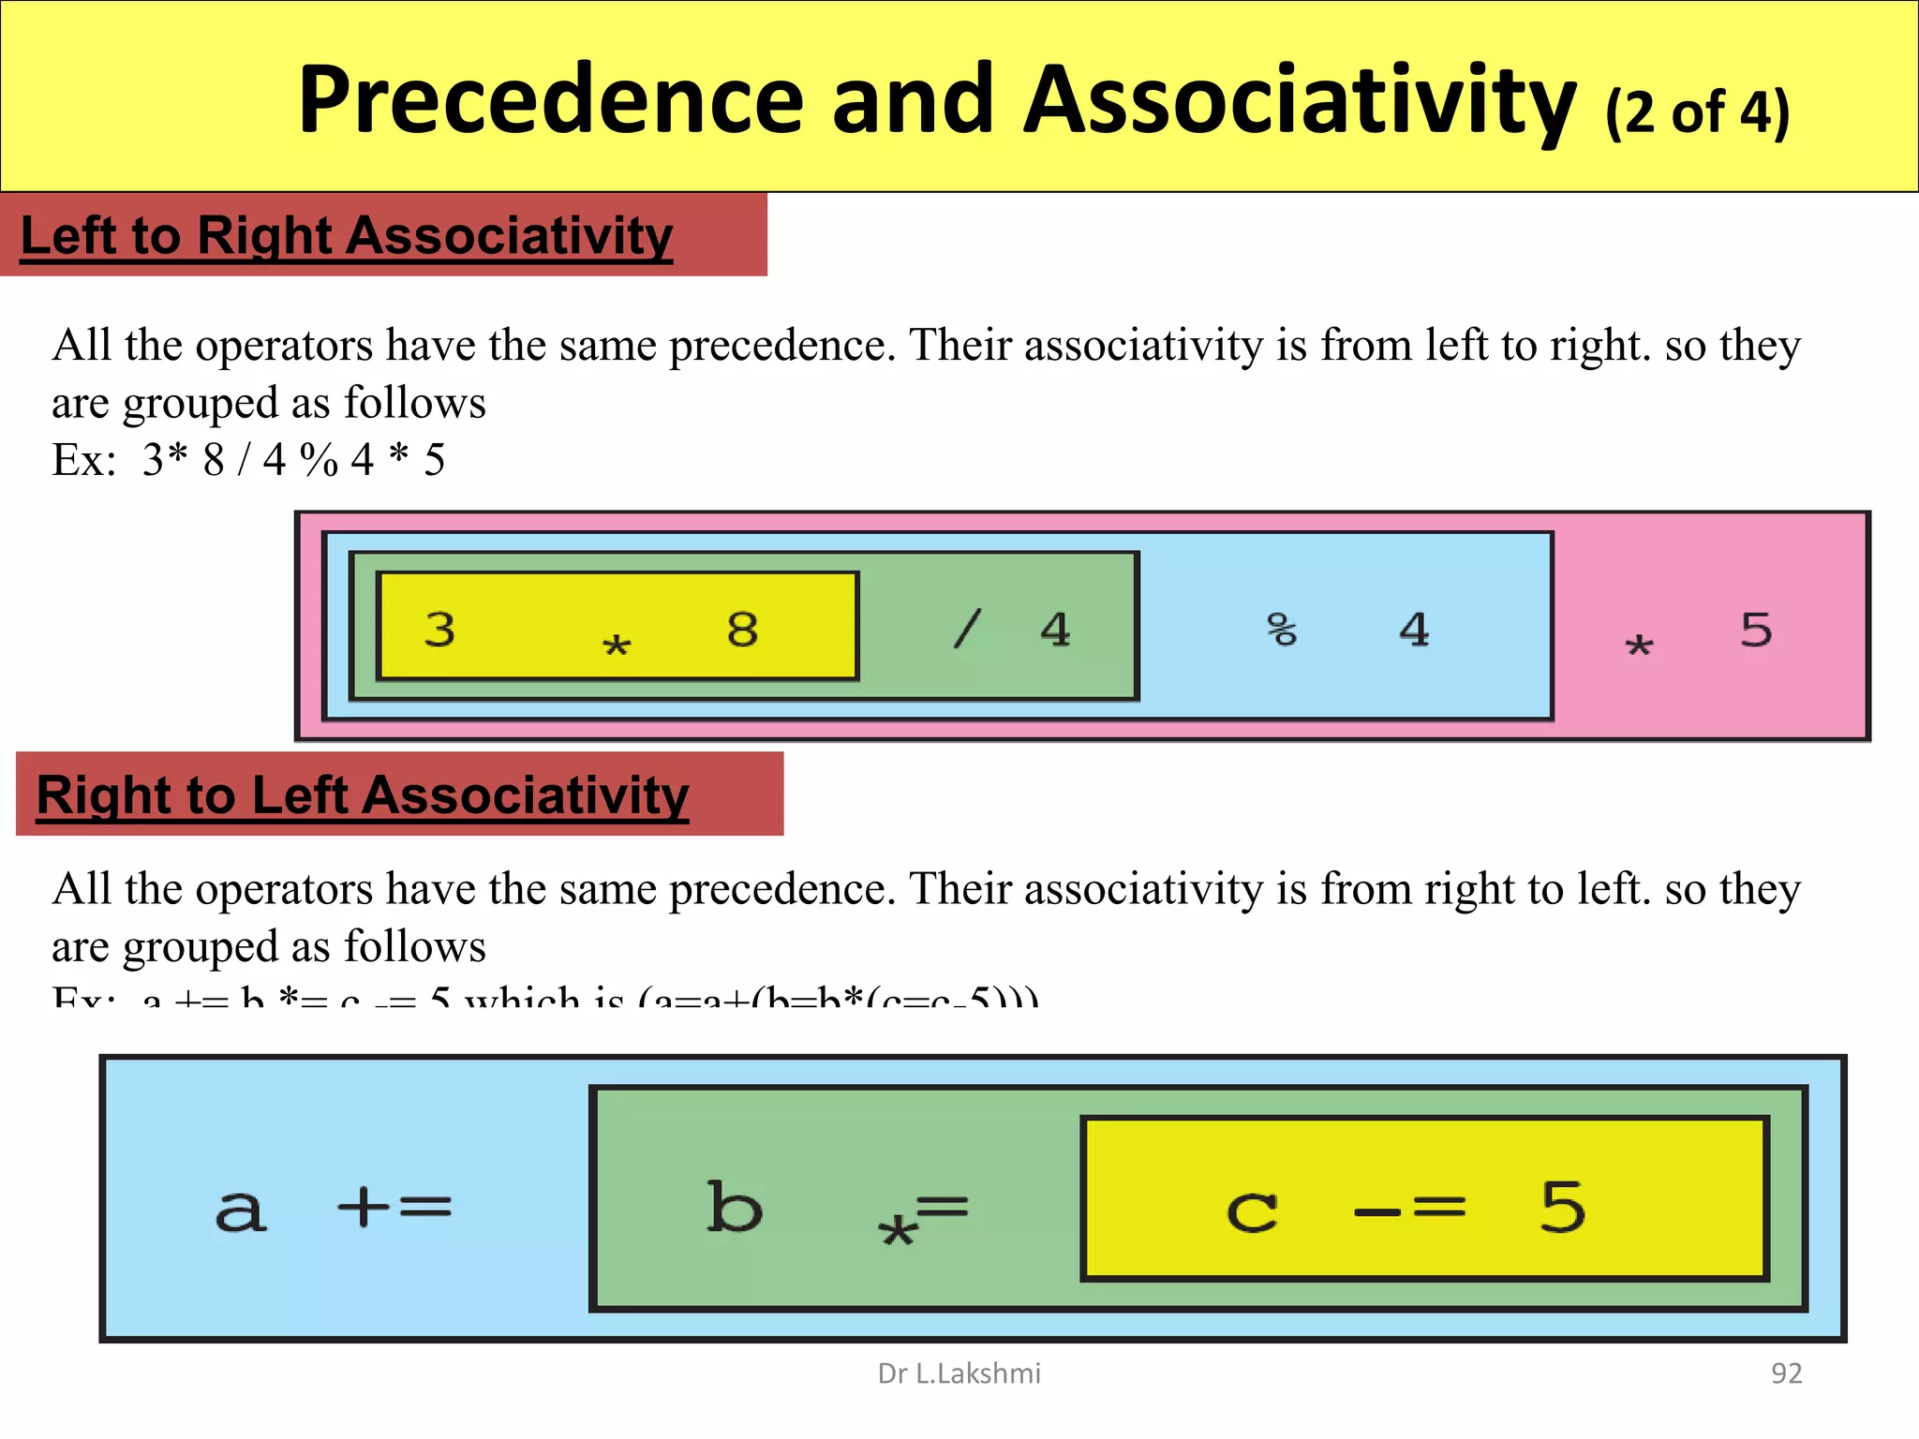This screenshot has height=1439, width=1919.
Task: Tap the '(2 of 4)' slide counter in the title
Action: point(1697,112)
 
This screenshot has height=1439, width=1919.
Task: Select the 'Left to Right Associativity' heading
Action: point(347,235)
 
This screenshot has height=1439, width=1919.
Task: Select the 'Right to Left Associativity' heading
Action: point(363,795)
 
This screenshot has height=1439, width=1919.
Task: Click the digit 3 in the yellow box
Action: point(439,630)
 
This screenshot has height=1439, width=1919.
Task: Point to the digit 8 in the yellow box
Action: point(742,630)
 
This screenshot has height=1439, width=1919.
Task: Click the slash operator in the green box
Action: point(967,629)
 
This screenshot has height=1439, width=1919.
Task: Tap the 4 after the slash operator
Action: point(1055,630)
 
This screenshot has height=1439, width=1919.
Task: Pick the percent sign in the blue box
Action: point(1282,630)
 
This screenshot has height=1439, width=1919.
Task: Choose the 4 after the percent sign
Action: point(1414,630)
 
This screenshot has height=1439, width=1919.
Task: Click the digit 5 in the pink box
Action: point(1756,630)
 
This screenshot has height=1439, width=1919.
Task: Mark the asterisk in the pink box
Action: point(1639,645)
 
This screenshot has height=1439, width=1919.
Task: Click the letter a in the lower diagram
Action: point(241,1210)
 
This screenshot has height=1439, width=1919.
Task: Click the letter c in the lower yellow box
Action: point(1252,1212)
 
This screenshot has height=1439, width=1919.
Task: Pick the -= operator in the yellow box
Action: point(1409,1210)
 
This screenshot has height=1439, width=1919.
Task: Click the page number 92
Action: point(1786,1373)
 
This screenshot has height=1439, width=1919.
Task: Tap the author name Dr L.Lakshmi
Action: point(959,1373)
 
